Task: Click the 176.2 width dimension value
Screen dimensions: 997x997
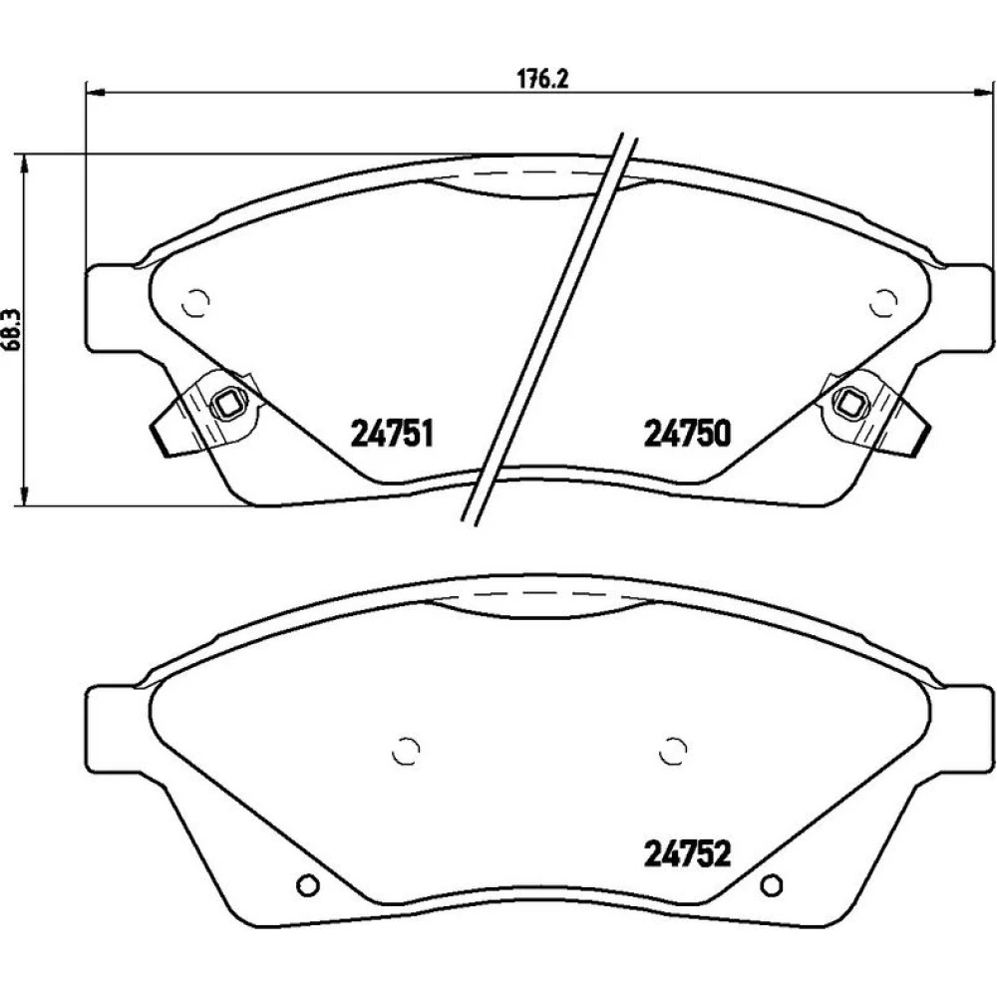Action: click(x=541, y=80)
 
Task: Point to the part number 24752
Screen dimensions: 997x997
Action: click(x=687, y=853)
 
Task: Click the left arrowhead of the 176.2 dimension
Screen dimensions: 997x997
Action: click(x=94, y=93)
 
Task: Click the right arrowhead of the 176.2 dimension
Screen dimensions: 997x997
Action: click(x=983, y=93)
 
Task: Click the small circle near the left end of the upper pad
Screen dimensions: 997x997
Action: click(x=195, y=303)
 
